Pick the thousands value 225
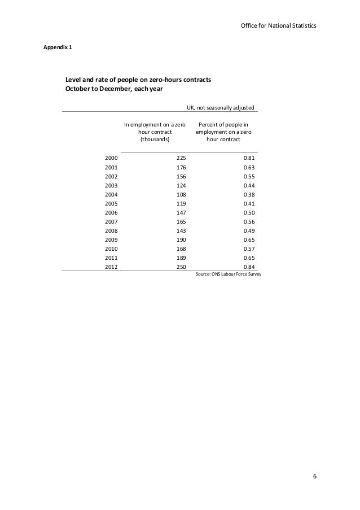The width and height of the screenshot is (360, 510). (182, 159)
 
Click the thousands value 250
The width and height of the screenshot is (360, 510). (182, 268)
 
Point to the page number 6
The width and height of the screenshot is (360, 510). (315, 476)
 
